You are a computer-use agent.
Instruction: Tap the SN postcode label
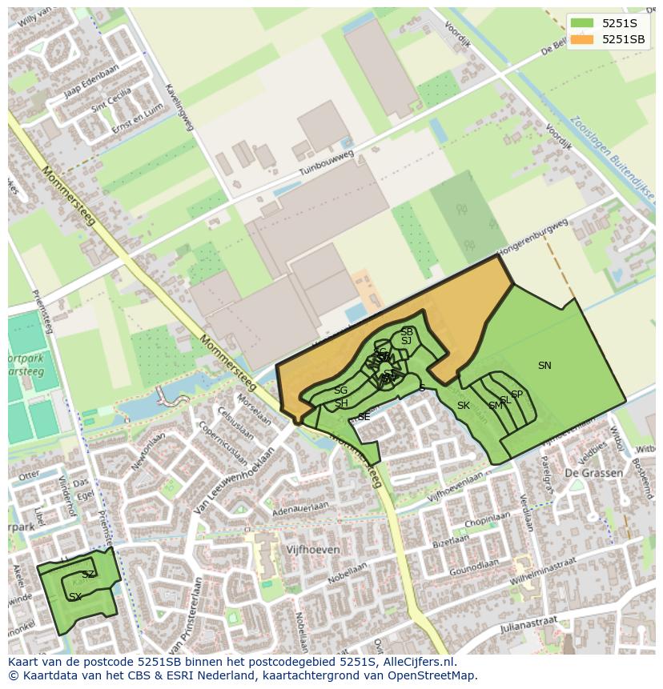pyautogui.click(x=544, y=366)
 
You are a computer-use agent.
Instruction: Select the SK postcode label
pyautogui.click(x=463, y=406)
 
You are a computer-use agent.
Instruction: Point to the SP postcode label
pyautogui.click(x=516, y=395)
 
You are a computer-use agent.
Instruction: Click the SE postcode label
pyautogui.click(x=364, y=417)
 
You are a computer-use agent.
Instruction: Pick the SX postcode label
pyautogui.click(x=75, y=597)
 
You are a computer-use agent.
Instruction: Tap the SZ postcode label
pyautogui.click(x=88, y=575)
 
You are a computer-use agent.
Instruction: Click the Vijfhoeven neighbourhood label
pyautogui.click(x=313, y=551)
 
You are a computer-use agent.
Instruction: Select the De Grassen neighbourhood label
pyautogui.click(x=593, y=473)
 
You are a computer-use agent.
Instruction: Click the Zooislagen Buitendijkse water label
pyautogui.click(x=613, y=159)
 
